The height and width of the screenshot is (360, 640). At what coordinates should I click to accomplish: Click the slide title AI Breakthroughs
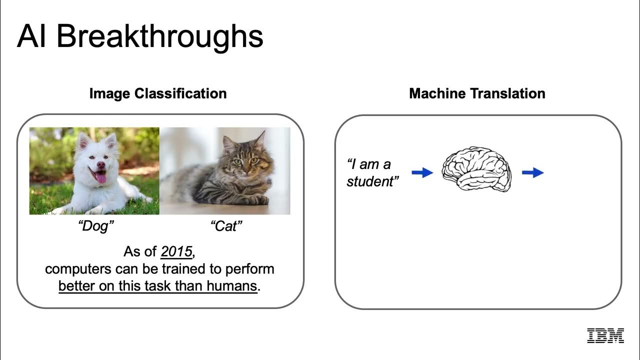point(140,37)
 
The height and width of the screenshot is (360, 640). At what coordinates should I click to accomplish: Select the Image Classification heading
point(158,93)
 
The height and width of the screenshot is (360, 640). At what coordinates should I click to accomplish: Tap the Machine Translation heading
point(477,93)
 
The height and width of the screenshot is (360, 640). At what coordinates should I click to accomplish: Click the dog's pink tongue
point(100,178)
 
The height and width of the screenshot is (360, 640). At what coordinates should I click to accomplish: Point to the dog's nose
point(101,164)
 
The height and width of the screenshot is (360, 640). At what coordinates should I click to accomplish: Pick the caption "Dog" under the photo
point(96,226)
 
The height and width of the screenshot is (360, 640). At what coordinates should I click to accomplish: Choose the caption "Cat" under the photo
point(226,226)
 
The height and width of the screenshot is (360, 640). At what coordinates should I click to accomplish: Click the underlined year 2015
point(176,251)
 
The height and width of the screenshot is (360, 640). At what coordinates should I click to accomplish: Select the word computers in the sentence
point(78,269)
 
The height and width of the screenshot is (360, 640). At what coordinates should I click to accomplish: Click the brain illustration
point(476,169)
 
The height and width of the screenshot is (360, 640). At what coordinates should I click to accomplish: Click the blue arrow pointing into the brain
point(422,172)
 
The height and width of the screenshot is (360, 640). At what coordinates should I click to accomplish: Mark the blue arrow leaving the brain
point(533,172)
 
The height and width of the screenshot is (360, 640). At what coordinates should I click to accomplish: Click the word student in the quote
point(370,181)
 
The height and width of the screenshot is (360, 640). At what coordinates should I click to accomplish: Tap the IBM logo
point(605,335)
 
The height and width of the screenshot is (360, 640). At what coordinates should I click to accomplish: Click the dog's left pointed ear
point(84,141)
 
